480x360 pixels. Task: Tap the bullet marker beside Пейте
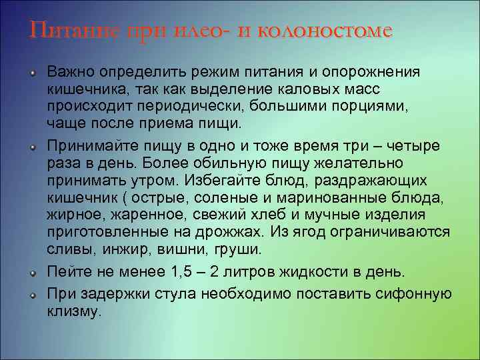[32, 272]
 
